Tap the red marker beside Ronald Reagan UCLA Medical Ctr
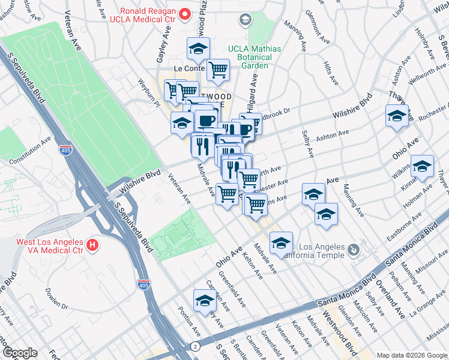(186, 13)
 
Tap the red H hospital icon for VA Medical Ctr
(92, 245)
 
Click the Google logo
(19, 353)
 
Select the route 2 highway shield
(196, 347)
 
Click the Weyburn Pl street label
(149, 92)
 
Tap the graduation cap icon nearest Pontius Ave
(204, 301)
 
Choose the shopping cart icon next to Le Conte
(218, 70)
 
